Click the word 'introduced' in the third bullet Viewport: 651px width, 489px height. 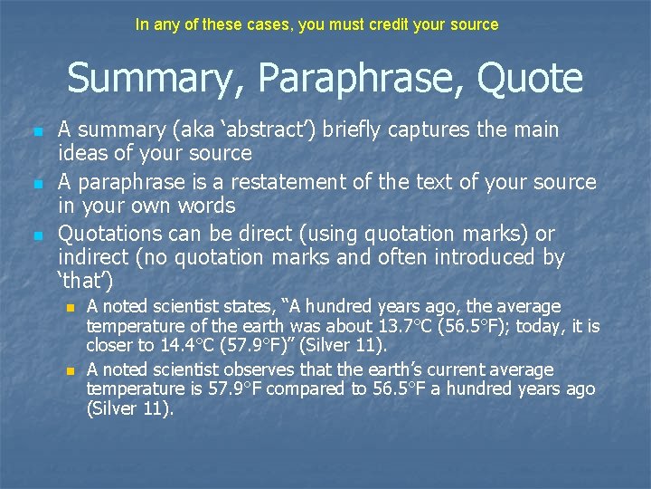click(x=469, y=258)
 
